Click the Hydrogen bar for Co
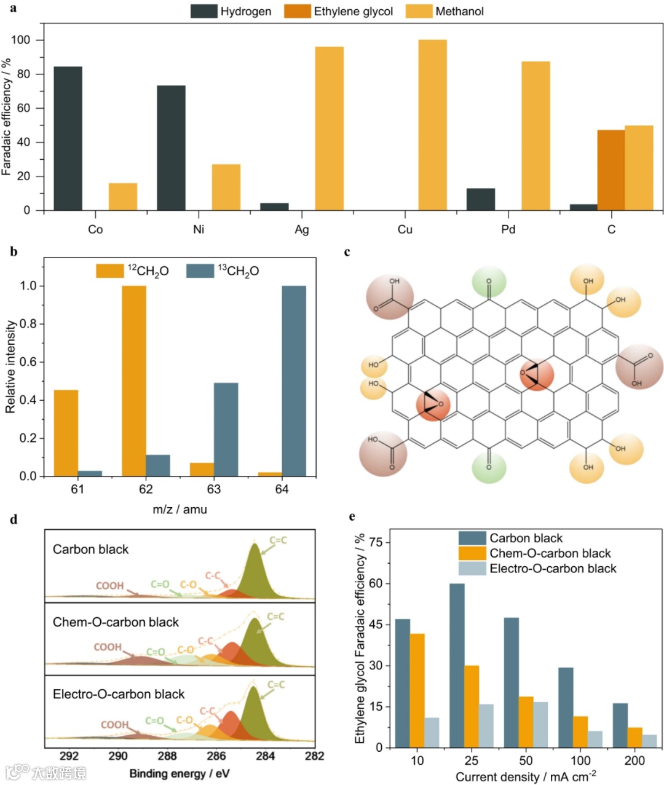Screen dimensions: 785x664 [x=68, y=138]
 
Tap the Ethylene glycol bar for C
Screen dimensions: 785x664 [x=611, y=170]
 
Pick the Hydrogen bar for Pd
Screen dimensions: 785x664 [x=480, y=199]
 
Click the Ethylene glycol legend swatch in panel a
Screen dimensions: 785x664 [x=297, y=11]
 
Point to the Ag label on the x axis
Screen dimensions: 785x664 [x=302, y=229]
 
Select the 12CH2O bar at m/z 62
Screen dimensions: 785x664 [x=134, y=381]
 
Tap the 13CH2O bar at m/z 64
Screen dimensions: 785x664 [x=294, y=381]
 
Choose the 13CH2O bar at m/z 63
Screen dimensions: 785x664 [x=226, y=430]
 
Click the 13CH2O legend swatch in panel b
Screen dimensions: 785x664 [x=199, y=270]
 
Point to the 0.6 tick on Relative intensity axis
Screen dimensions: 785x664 [x=28, y=362]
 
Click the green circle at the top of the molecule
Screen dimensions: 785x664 [x=489, y=283]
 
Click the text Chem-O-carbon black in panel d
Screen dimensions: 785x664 [x=116, y=622]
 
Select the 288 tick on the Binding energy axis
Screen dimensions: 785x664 [x=167, y=755]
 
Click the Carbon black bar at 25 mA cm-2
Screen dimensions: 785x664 [x=457, y=665]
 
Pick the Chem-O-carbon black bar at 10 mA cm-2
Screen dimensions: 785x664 [x=417, y=690]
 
